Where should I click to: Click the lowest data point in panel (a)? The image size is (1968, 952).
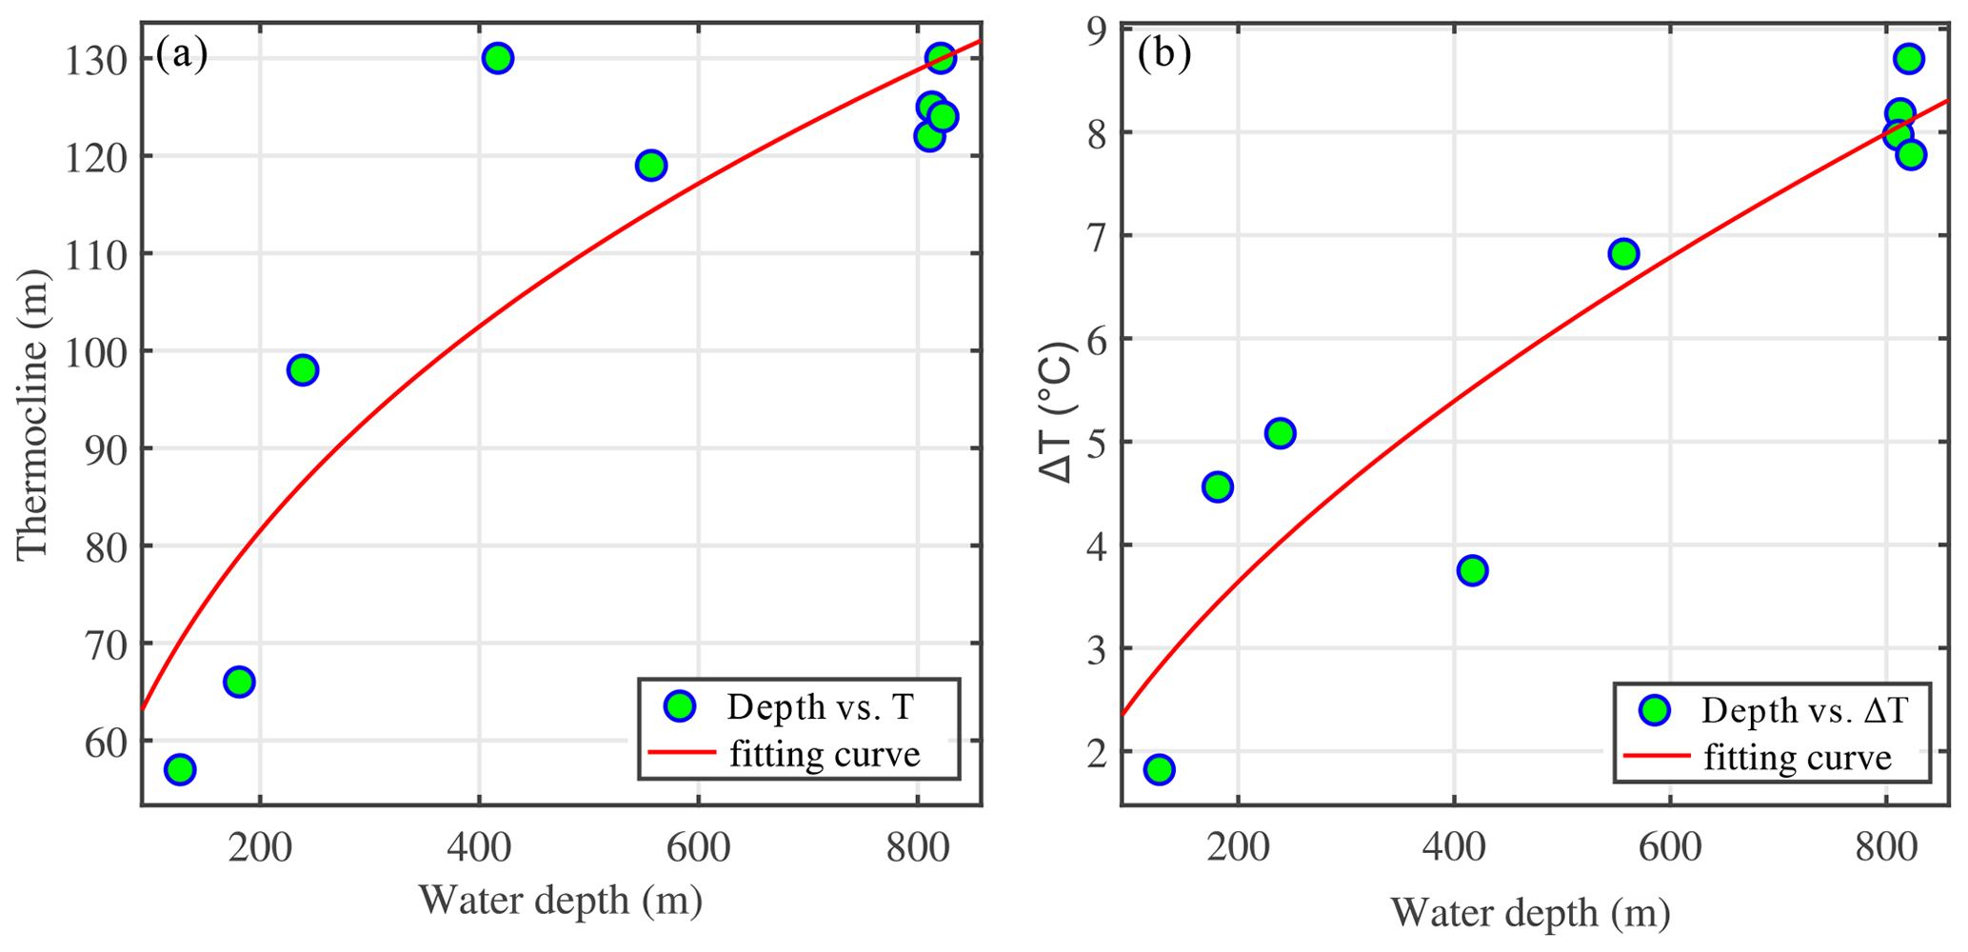(180, 769)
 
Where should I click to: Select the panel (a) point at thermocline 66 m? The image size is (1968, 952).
(239, 682)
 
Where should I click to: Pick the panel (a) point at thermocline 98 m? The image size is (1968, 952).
(302, 370)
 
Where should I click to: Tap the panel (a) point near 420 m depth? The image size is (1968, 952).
(497, 58)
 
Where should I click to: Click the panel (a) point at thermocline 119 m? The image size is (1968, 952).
(651, 165)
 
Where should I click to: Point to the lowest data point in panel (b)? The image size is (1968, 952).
(1159, 769)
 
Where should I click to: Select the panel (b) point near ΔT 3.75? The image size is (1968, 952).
(1472, 570)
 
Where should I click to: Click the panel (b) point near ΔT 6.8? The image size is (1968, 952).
(1623, 253)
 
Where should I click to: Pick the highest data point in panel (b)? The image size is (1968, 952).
(1908, 58)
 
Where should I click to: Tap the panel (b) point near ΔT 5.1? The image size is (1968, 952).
(1281, 433)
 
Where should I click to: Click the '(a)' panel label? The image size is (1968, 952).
(181, 55)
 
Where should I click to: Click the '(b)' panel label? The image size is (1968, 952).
(1163, 55)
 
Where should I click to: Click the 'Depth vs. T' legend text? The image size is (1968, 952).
(820, 707)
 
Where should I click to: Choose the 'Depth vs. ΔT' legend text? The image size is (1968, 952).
(1804, 710)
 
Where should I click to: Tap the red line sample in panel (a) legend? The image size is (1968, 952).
(682, 752)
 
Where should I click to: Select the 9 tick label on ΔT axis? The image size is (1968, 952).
(1095, 30)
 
